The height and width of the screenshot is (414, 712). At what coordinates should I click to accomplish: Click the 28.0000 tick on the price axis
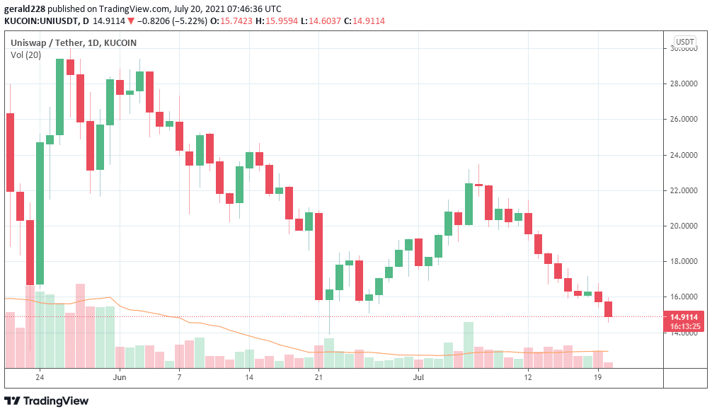coord(684,84)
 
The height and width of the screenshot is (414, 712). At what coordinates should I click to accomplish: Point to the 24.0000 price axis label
coord(684,155)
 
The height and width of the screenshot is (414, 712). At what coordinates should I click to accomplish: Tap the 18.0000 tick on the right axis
coord(684,261)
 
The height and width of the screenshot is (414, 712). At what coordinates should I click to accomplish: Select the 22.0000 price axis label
coord(684,190)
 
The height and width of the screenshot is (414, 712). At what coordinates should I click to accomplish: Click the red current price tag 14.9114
coord(685,317)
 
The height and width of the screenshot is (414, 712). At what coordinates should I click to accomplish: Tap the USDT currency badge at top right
coord(684,42)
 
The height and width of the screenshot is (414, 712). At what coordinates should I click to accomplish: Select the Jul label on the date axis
coord(419,377)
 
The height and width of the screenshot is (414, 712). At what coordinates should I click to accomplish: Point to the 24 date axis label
coord(40,377)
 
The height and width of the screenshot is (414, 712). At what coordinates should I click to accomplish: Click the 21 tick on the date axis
coord(318,377)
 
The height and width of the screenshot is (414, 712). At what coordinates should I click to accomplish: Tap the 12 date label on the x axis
coord(527,377)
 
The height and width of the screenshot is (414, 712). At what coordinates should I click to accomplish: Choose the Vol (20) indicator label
coord(25,55)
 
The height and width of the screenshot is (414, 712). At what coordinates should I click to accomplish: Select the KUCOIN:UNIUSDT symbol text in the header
coord(38,21)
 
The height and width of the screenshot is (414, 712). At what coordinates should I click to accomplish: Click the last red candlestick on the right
coord(608,309)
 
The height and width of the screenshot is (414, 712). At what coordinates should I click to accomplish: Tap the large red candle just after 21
coord(319,255)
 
